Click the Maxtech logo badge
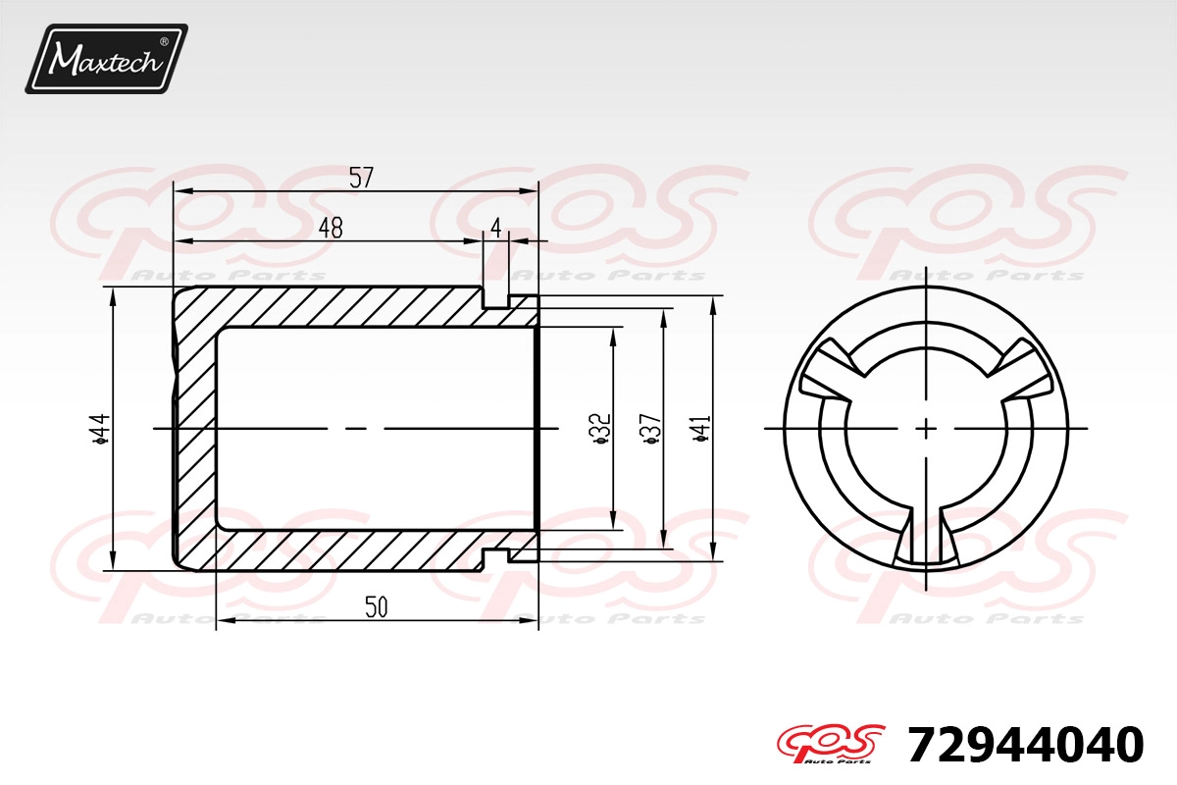tap(106, 59)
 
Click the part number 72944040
tap(1025, 745)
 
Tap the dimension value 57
tap(361, 178)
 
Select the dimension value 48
tap(332, 228)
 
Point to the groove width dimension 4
tap(496, 228)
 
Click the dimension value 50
tap(377, 606)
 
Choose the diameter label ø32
tap(600, 430)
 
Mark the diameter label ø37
tap(651, 428)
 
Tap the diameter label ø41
tap(701, 428)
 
